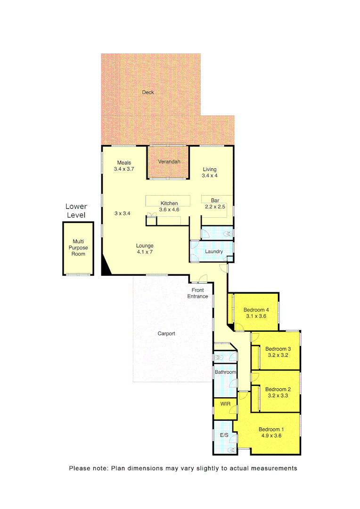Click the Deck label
point(148,92)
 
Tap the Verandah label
point(169,162)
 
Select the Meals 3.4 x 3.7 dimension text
point(124,169)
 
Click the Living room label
point(209,170)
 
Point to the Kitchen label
point(169,204)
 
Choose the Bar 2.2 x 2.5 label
point(214,204)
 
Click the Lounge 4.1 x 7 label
point(145,248)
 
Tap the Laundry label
point(213,252)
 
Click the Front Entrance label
point(197,293)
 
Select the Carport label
point(166,334)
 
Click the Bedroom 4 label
point(256,310)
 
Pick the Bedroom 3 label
point(278,349)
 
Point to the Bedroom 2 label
point(278,389)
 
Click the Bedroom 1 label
point(271,429)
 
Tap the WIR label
point(225,404)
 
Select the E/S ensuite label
point(224,435)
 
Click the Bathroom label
point(225,372)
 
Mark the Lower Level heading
point(76,211)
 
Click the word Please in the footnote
point(80,468)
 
